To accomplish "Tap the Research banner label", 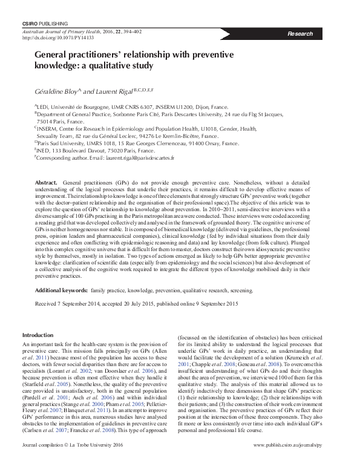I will (300, 34).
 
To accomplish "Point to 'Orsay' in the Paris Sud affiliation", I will (208, 143).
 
